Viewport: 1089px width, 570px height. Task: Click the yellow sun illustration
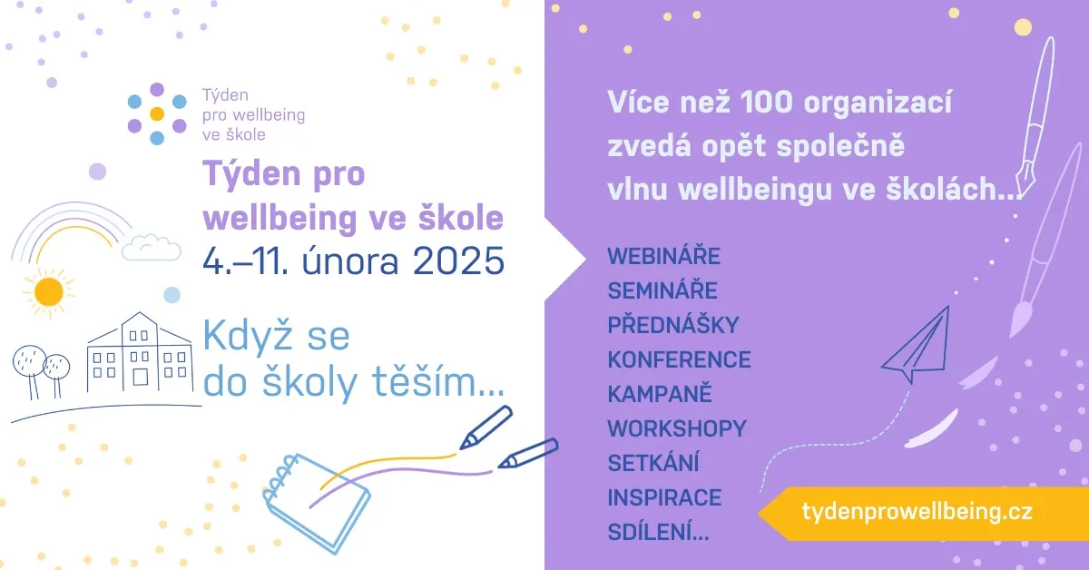tap(49, 292)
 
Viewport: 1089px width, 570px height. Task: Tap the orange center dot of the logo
tap(156, 113)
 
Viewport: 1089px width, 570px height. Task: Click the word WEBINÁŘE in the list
tap(663, 255)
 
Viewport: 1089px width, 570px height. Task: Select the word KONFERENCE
tap(679, 359)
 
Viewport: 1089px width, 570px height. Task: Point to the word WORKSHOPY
tap(677, 428)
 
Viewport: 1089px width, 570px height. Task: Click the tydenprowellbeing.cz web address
tap(917, 512)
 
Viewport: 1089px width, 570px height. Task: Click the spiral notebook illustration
tap(316, 504)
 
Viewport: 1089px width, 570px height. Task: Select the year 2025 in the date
tap(458, 261)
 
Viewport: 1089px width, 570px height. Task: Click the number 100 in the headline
tap(767, 103)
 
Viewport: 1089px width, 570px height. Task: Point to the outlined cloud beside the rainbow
tap(152, 248)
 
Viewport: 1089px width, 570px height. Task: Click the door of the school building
tap(141, 377)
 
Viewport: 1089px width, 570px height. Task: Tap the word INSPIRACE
tap(664, 497)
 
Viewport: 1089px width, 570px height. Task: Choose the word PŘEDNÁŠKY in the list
tap(672, 324)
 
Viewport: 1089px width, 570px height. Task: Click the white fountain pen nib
tap(1025, 179)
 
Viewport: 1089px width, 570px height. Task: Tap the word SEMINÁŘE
tap(662, 290)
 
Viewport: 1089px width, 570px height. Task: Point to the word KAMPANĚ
tap(660, 393)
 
